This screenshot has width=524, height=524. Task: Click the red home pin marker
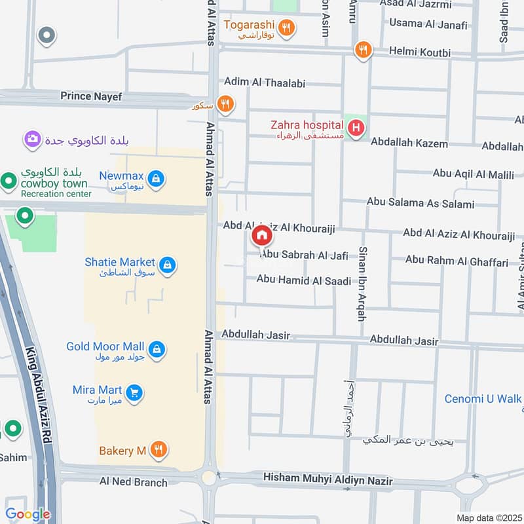[261, 236]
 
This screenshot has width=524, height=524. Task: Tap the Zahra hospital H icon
[356, 128]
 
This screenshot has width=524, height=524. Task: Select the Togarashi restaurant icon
[286, 28]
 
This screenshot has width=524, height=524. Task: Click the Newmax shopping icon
[155, 178]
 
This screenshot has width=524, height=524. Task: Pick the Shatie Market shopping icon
[168, 265]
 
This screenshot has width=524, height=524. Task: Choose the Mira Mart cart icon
[134, 393]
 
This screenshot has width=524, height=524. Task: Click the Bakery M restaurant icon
[157, 450]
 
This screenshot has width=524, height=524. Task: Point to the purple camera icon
[32, 139]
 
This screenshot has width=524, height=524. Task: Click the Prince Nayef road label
[91, 96]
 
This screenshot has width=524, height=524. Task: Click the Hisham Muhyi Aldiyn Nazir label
[327, 480]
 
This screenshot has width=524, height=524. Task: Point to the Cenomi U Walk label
[483, 398]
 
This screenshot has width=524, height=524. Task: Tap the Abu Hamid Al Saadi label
[303, 280]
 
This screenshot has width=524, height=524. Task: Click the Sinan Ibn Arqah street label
[361, 284]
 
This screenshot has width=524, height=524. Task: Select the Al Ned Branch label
[133, 482]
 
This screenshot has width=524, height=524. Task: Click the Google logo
[28, 514]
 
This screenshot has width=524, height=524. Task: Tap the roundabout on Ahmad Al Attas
[209, 478]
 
